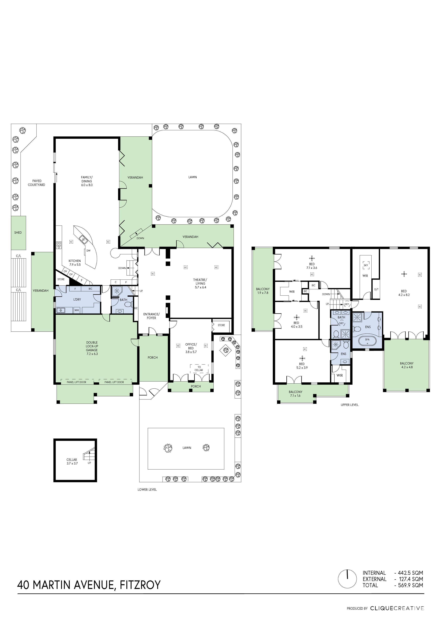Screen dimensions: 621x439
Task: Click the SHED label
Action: click(x=18, y=233)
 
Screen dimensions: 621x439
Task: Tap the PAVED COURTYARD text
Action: click(x=36, y=183)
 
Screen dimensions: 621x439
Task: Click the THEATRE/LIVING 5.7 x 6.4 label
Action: click(x=200, y=283)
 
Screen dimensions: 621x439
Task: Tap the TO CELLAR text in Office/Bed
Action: click(x=199, y=369)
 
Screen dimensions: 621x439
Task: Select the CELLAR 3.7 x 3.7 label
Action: click(x=72, y=462)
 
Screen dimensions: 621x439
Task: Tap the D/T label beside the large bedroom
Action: click(x=376, y=289)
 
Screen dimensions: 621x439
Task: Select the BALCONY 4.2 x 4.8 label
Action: click(x=407, y=365)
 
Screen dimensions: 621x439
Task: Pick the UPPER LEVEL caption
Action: click(x=349, y=405)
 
